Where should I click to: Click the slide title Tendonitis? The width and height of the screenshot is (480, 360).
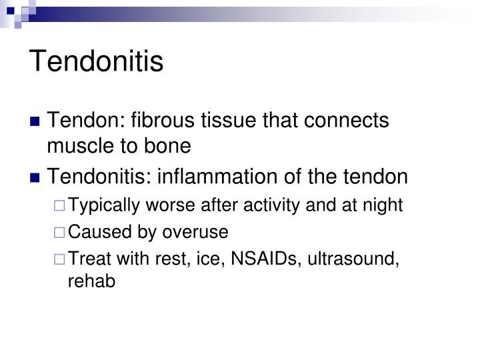pyautogui.click(x=97, y=61)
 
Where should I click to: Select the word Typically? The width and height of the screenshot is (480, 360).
pyautogui.click(x=99, y=205)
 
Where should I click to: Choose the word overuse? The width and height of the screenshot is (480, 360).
pyautogui.click(x=199, y=232)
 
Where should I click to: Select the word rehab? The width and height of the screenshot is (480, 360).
pyautogui.click(x=91, y=281)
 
